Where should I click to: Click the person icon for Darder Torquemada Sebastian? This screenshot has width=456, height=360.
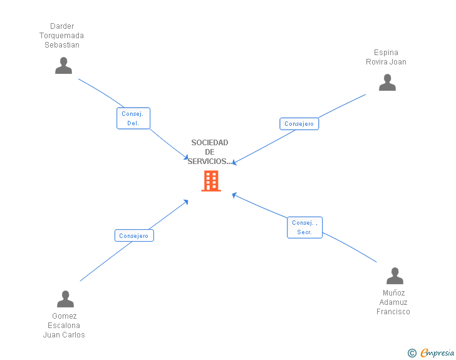pyautogui.click(x=63, y=66)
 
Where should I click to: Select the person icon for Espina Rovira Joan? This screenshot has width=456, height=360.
pyautogui.click(x=387, y=83)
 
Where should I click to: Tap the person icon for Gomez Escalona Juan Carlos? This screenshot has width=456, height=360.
pyautogui.click(x=65, y=299)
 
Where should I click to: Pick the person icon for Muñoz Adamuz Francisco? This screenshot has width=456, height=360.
pyautogui.click(x=395, y=276)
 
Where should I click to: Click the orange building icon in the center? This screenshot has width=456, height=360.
pyautogui.click(x=211, y=181)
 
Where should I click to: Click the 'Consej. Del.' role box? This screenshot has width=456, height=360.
pyautogui.click(x=133, y=118)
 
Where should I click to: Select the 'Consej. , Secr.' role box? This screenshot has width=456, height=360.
pyautogui.click(x=305, y=227)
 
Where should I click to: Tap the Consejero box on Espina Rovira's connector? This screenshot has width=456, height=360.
pyautogui.click(x=299, y=124)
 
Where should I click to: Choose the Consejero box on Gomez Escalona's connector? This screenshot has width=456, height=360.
pyautogui.click(x=133, y=236)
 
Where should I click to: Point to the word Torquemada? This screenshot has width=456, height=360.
pyautogui.click(x=61, y=36)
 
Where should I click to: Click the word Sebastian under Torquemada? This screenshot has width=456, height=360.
pyautogui.click(x=62, y=45)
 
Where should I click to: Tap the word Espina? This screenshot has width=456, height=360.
pyautogui.click(x=386, y=53)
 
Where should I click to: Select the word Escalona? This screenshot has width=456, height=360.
pyautogui.click(x=64, y=326)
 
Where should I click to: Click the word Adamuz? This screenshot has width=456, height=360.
pyautogui.click(x=393, y=302)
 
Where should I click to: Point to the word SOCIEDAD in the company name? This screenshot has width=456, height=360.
pyautogui.click(x=210, y=143)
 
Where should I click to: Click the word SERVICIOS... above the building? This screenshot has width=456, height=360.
pyautogui.click(x=210, y=162)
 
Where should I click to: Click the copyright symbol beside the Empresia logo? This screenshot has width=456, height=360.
pyautogui.click(x=412, y=353)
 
